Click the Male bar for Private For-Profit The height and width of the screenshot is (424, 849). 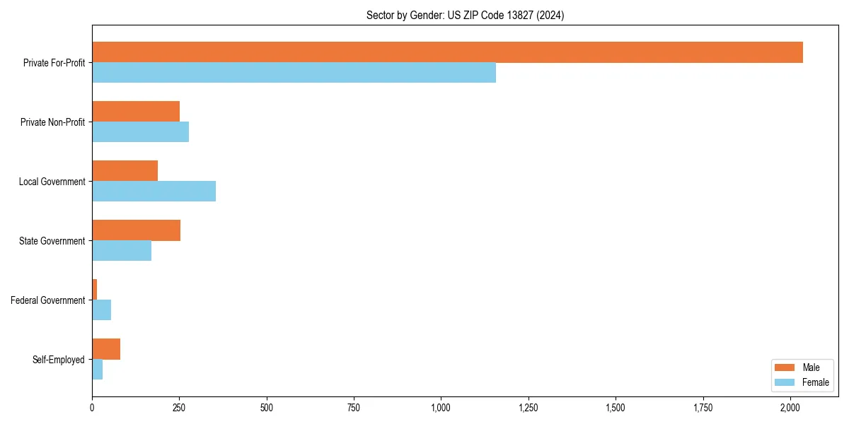[x=447, y=52]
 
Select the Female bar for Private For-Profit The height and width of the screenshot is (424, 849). [x=294, y=73]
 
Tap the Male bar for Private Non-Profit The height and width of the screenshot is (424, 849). [x=136, y=112]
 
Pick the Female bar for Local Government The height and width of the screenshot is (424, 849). [x=154, y=192]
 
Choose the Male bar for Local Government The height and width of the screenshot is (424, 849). [x=125, y=171]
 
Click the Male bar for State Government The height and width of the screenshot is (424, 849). [x=136, y=230]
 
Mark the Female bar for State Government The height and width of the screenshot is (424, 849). [x=122, y=251]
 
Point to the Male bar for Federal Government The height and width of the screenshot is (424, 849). [x=95, y=290]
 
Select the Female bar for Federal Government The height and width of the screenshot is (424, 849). [x=101, y=310]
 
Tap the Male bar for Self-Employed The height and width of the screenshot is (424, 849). [x=106, y=349]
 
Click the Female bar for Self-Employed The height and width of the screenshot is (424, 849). [x=97, y=370]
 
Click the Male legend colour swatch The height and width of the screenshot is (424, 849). [x=785, y=368]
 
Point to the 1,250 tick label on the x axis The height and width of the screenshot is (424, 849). [x=529, y=408]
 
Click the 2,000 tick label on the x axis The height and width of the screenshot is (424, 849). [x=790, y=408]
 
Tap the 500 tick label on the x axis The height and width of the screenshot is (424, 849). [x=267, y=408]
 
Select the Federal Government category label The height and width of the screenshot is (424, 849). [x=48, y=300]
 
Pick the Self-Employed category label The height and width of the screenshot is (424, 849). [x=59, y=360]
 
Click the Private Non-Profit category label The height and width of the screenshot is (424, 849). [x=52, y=122]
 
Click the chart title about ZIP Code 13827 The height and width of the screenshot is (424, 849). [x=465, y=16]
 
